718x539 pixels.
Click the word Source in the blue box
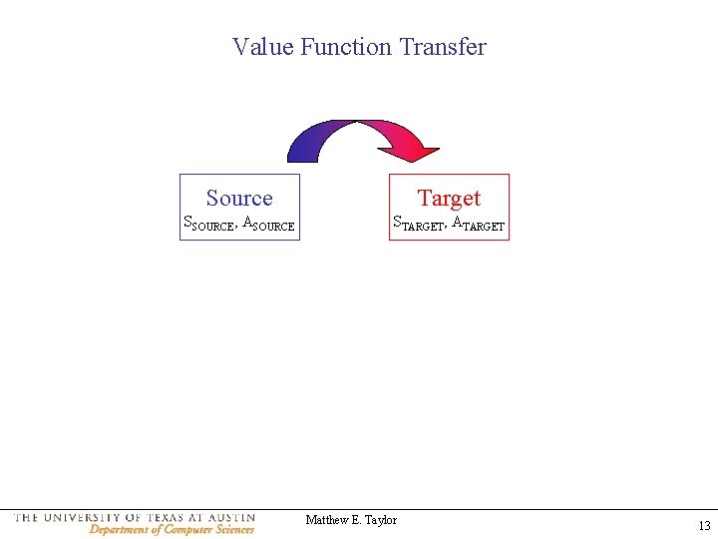[x=239, y=198]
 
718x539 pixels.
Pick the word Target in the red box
[x=449, y=198]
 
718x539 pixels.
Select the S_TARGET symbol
[x=417, y=225]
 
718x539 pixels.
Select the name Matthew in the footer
[x=326, y=520]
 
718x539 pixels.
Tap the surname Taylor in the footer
[x=380, y=520]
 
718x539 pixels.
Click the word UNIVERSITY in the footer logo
[x=84, y=517]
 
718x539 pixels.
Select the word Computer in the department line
[x=188, y=530]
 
